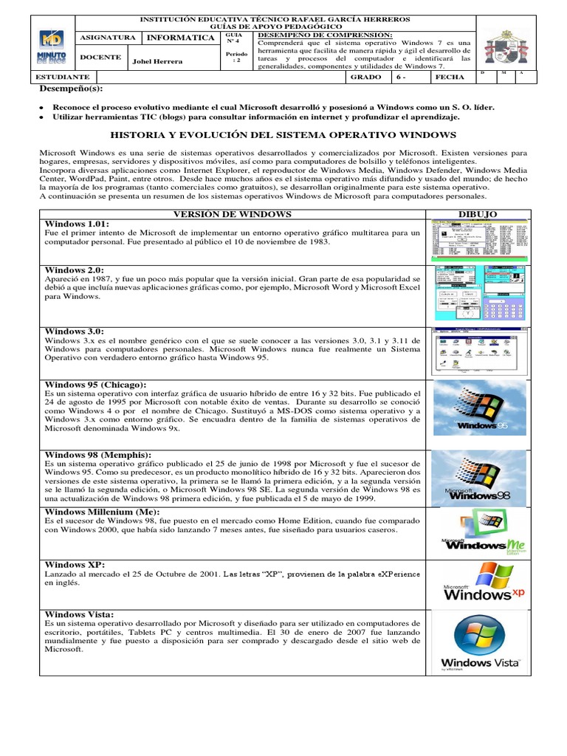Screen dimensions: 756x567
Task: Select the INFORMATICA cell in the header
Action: click(179, 38)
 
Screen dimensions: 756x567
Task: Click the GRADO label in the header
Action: click(366, 77)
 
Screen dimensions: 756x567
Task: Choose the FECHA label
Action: click(450, 77)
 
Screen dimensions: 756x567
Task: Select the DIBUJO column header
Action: click(478, 214)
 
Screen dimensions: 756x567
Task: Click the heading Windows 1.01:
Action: click(77, 224)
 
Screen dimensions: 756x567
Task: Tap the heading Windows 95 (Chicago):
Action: click(95, 385)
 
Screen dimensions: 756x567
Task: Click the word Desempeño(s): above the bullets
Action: click(71, 89)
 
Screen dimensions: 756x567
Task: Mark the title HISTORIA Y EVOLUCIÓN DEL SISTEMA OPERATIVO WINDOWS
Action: click(283, 135)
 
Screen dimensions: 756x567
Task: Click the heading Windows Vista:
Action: click(79, 614)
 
